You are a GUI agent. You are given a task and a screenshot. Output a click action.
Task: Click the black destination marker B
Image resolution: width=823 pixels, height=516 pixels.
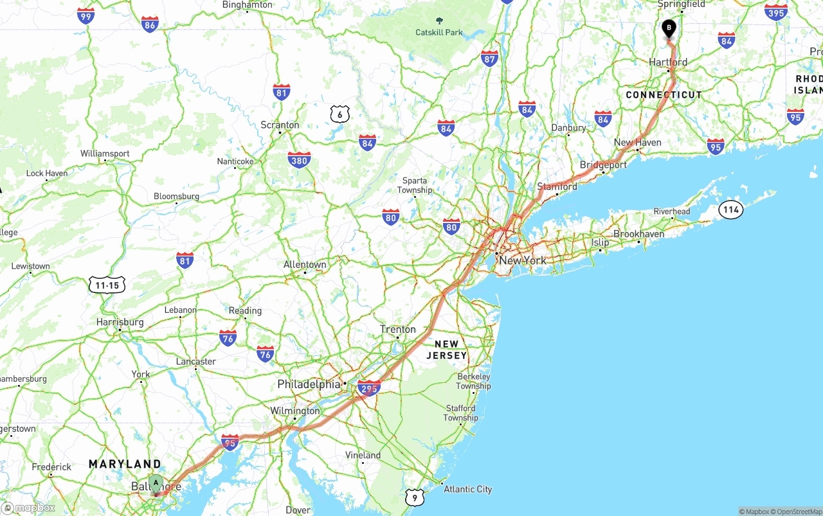(x=669, y=29)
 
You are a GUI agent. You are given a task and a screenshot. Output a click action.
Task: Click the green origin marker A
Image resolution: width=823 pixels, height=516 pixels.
(x=156, y=483)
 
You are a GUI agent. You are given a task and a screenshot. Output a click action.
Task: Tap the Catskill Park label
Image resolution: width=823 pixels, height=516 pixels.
(x=439, y=32)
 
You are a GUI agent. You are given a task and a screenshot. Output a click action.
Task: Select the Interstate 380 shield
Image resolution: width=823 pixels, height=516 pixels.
(x=299, y=160)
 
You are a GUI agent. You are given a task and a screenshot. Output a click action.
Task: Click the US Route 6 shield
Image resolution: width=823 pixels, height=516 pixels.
(x=339, y=115)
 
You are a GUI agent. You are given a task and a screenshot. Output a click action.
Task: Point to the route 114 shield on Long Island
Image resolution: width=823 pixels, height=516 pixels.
(x=730, y=209)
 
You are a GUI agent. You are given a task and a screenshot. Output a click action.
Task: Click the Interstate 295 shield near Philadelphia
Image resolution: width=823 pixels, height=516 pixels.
(x=369, y=387)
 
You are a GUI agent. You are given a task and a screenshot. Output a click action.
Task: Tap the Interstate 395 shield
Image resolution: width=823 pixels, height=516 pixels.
(x=776, y=12)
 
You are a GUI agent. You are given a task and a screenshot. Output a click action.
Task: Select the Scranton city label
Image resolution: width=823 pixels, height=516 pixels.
(x=280, y=125)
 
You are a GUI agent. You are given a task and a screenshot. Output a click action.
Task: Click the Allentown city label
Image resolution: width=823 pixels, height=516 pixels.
(x=305, y=264)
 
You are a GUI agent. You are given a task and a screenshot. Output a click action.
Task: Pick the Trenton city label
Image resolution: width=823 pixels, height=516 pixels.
(x=397, y=329)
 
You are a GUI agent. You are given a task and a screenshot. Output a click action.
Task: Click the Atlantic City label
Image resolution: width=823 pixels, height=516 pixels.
(x=467, y=489)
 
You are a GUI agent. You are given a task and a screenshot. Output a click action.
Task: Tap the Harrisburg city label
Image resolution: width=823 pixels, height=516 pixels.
(x=120, y=322)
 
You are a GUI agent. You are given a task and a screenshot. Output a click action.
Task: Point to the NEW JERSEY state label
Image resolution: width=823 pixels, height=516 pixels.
(x=446, y=350)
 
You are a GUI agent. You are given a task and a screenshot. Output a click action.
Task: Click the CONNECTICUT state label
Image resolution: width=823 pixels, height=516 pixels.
(x=664, y=94)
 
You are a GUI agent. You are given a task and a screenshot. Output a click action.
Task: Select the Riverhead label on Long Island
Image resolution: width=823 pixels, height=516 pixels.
(x=671, y=211)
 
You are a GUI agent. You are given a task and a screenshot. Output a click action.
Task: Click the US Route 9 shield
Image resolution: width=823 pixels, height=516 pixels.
(x=415, y=497)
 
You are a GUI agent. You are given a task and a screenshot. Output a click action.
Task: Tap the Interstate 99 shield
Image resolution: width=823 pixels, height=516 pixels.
(x=86, y=16)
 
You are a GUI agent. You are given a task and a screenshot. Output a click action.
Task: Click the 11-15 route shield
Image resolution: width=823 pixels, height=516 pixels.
(x=107, y=285)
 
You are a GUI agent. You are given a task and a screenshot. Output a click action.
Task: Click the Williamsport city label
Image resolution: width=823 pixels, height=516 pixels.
(x=105, y=154)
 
